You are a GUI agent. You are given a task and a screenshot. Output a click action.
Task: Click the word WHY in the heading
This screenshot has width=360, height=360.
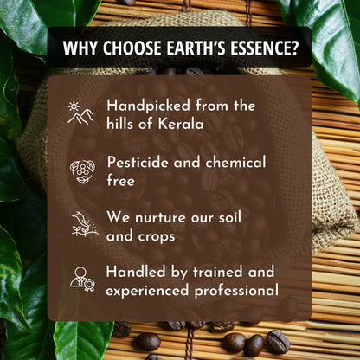click(81, 50)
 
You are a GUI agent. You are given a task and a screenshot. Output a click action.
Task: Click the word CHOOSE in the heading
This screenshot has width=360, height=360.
click(132, 50)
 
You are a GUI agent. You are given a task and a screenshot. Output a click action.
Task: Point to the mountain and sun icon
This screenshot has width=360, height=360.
click(81, 113)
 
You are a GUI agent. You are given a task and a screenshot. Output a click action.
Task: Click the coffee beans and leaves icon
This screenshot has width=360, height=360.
click(81, 170)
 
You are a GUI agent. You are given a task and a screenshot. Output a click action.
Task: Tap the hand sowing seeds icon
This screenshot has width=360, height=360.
click(81, 224)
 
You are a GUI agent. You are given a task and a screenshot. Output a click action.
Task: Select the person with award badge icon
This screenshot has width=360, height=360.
click(81, 278)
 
